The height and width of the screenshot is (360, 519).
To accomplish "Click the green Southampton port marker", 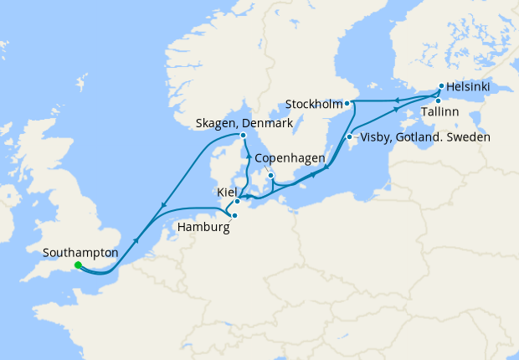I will (x=78, y=265).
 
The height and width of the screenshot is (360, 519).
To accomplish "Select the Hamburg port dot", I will (x=234, y=215).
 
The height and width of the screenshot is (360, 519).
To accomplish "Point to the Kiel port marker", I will (x=238, y=201).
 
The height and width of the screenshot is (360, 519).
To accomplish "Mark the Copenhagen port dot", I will (x=270, y=175).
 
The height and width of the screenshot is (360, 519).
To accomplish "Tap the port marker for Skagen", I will (x=243, y=136).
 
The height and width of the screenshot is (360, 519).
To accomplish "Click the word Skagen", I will (x=216, y=123).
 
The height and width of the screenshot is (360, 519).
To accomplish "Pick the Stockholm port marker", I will (x=347, y=104).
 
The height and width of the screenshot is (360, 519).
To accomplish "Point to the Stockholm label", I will (x=313, y=105).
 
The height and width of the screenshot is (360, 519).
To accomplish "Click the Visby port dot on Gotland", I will (x=349, y=137).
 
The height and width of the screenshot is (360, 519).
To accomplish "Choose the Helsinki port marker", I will (x=441, y=85).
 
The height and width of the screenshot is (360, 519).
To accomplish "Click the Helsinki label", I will (x=470, y=86).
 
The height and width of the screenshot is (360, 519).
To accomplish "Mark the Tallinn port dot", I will (x=438, y=100).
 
